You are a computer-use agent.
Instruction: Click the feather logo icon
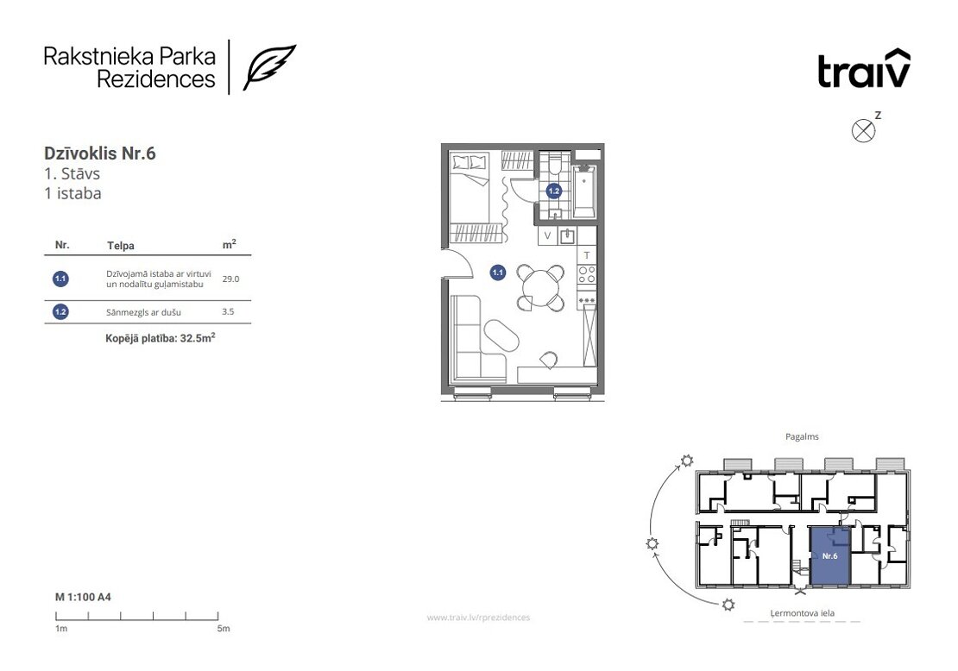[x=268, y=67]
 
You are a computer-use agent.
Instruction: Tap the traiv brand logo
[x=864, y=68]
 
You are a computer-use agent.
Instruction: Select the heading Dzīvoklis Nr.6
[x=99, y=154]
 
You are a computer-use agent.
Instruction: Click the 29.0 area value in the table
[x=230, y=279]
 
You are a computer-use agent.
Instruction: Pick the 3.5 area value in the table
[x=228, y=311]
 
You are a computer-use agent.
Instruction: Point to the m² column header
[x=229, y=244]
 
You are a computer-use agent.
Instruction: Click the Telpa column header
[x=120, y=246]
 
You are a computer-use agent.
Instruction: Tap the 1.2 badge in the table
[x=60, y=312]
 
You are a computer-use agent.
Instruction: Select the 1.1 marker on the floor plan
[x=497, y=273]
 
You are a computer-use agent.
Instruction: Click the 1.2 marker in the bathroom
[x=553, y=191]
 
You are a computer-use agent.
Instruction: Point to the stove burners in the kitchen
[x=587, y=275]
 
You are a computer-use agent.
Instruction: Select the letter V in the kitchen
[x=547, y=235]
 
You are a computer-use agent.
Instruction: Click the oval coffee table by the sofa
[x=501, y=335]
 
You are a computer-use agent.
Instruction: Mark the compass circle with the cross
[x=863, y=130]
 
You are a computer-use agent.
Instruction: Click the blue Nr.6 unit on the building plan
[x=829, y=556]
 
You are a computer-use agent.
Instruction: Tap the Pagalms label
[x=802, y=436]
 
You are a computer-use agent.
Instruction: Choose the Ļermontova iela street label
[x=802, y=613]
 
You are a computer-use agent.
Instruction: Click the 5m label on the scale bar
[x=224, y=628]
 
